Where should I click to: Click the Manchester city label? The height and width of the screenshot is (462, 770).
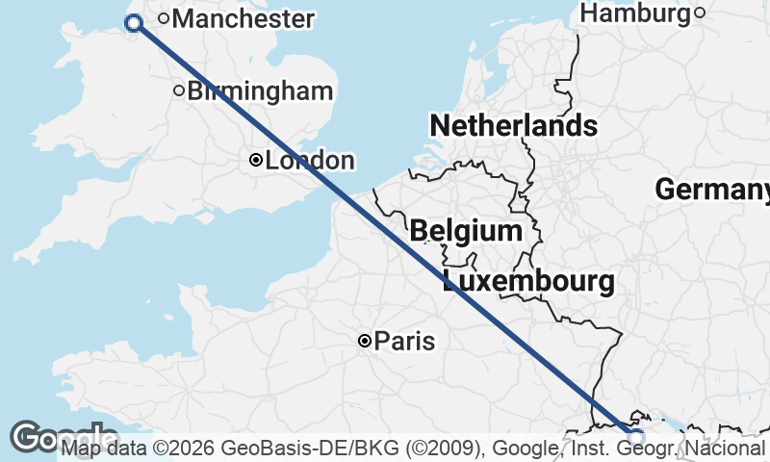point(243,18)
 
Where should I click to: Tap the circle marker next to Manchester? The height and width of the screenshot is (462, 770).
point(165,17)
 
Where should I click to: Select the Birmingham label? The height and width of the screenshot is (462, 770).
point(260,91)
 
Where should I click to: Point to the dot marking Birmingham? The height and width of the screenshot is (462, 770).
point(178,91)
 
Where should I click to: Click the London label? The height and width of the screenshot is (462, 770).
point(310,161)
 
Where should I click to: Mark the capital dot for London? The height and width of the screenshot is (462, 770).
point(256,161)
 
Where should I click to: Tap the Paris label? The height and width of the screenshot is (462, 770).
point(404,341)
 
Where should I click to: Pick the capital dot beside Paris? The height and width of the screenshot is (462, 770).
point(365,341)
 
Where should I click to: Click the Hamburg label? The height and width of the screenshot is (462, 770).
point(636,13)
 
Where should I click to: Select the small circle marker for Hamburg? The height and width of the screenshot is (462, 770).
point(700,13)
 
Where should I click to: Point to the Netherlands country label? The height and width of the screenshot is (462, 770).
point(513,126)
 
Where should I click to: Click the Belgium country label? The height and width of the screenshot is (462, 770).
point(466,231)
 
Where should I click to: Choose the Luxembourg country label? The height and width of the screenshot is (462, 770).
point(528,282)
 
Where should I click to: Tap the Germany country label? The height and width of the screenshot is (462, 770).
point(712,190)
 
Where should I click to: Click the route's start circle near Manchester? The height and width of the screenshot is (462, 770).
point(134,24)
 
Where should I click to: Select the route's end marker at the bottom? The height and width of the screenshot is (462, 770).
point(635,436)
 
